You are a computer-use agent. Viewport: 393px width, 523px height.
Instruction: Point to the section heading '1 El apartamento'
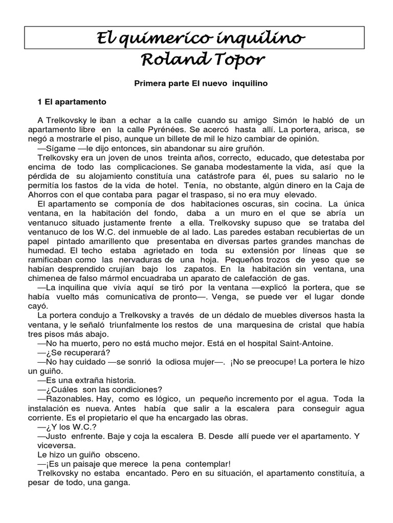click(x=72, y=102)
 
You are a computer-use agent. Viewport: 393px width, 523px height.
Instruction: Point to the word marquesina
click(x=255, y=324)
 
